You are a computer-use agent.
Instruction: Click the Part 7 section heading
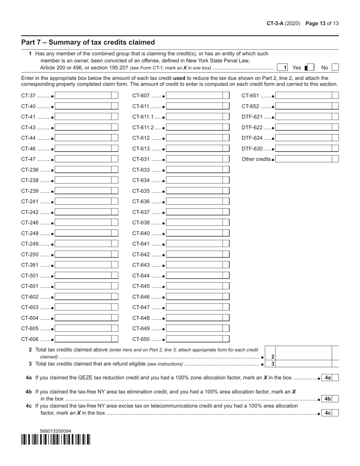point(88,42)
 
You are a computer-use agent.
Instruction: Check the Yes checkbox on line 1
point(310,67)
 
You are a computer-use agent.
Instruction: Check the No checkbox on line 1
point(335,67)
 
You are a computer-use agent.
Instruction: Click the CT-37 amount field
point(83,96)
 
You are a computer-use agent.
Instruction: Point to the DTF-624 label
point(252,138)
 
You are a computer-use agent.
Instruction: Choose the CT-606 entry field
point(83,339)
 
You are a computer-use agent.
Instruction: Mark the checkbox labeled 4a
point(335,378)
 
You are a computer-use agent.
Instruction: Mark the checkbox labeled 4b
point(335,399)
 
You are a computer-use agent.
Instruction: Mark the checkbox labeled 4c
point(335,413)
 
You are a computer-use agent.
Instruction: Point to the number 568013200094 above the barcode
point(55,431)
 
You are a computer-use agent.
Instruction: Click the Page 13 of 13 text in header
point(322,23)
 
